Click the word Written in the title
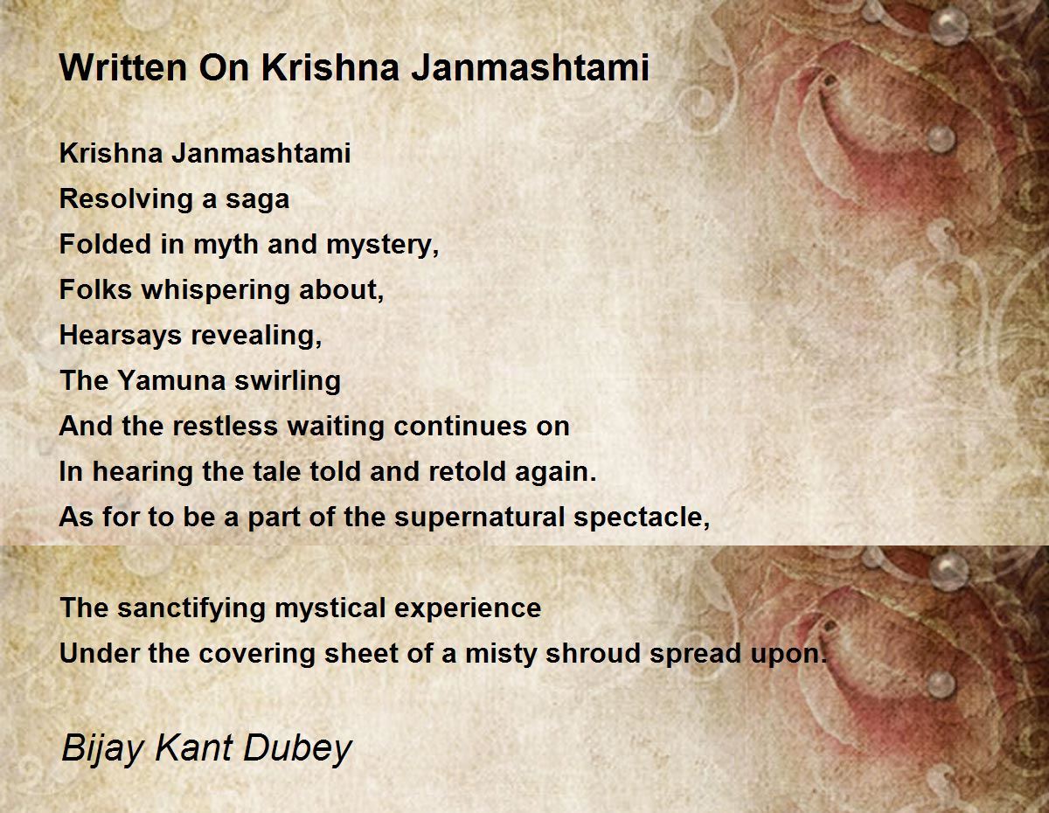click(122, 67)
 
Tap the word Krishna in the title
click(330, 67)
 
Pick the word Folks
click(95, 289)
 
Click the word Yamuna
click(171, 380)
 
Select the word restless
click(225, 427)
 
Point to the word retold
click(467, 472)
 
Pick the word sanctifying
click(191, 608)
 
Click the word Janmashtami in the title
click(530, 67)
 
